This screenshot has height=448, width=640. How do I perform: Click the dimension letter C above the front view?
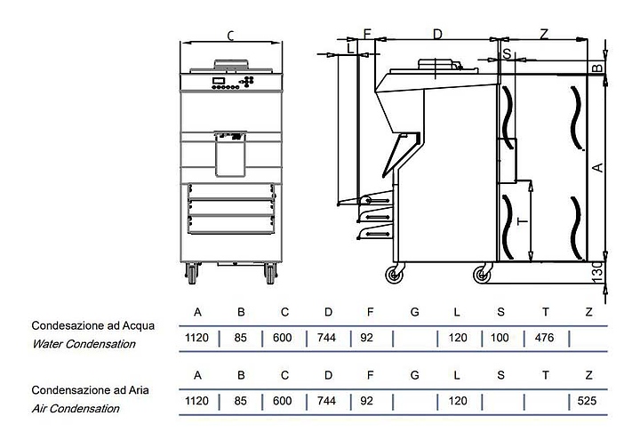230,36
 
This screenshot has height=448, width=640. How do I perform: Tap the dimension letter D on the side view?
437,34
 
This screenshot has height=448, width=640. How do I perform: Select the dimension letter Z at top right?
543,34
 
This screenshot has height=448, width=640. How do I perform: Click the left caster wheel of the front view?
192,273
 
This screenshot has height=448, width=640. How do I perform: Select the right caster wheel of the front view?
269,273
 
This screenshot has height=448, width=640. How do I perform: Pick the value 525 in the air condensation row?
587,401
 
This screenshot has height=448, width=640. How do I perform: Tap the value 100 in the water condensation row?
500,338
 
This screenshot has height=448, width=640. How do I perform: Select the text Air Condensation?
76,409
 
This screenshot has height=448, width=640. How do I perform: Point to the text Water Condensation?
84,344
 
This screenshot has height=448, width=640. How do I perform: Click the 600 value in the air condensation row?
283,401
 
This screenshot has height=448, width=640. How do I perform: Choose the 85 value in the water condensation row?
240,338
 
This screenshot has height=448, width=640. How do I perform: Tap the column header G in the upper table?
414,312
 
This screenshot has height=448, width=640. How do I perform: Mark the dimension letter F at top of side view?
367,34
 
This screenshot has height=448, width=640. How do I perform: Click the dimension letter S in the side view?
507,54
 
